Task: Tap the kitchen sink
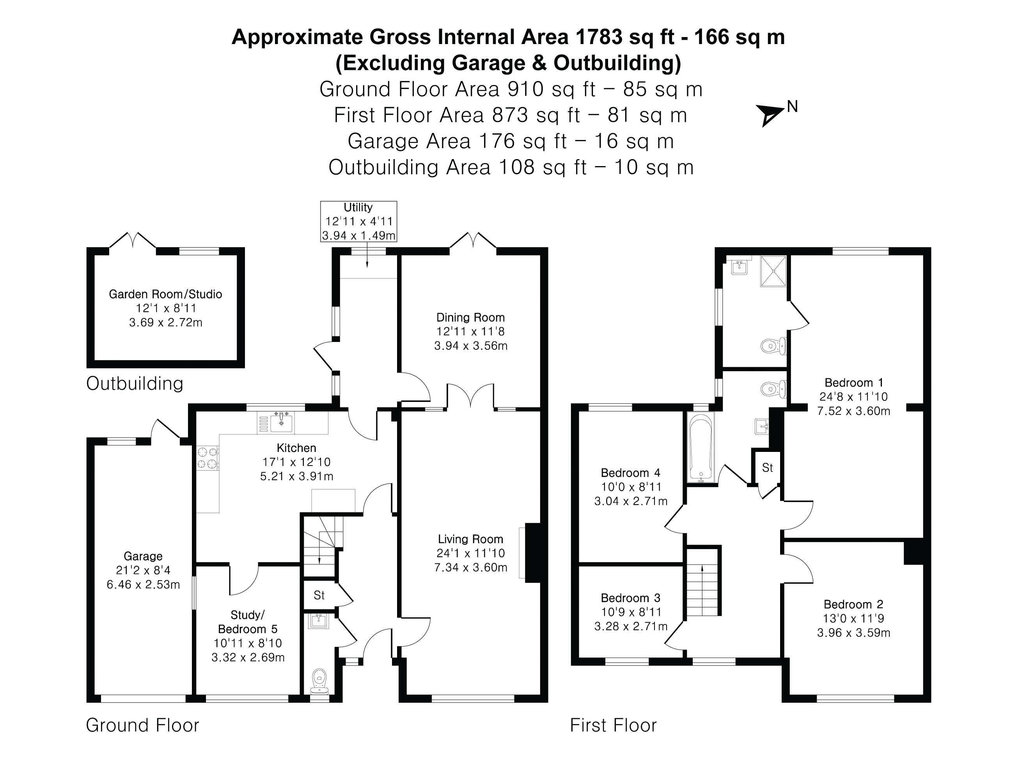click(282, 422)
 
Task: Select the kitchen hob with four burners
click(208, 458)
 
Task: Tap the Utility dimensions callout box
click(358, 221)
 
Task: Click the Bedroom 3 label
click(631, 598)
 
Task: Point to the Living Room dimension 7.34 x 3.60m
click(471, 567)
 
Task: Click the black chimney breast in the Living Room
click(532, 553)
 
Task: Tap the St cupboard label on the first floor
click(767, 468)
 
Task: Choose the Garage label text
click(143, 556)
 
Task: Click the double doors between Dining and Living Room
click(470, 396)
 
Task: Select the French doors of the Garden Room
click(133, 240)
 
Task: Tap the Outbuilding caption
click(135, 383)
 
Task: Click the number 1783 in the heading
click(599, 37)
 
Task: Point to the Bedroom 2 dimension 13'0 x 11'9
click(853, 619)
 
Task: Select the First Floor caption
click(613, 725)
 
